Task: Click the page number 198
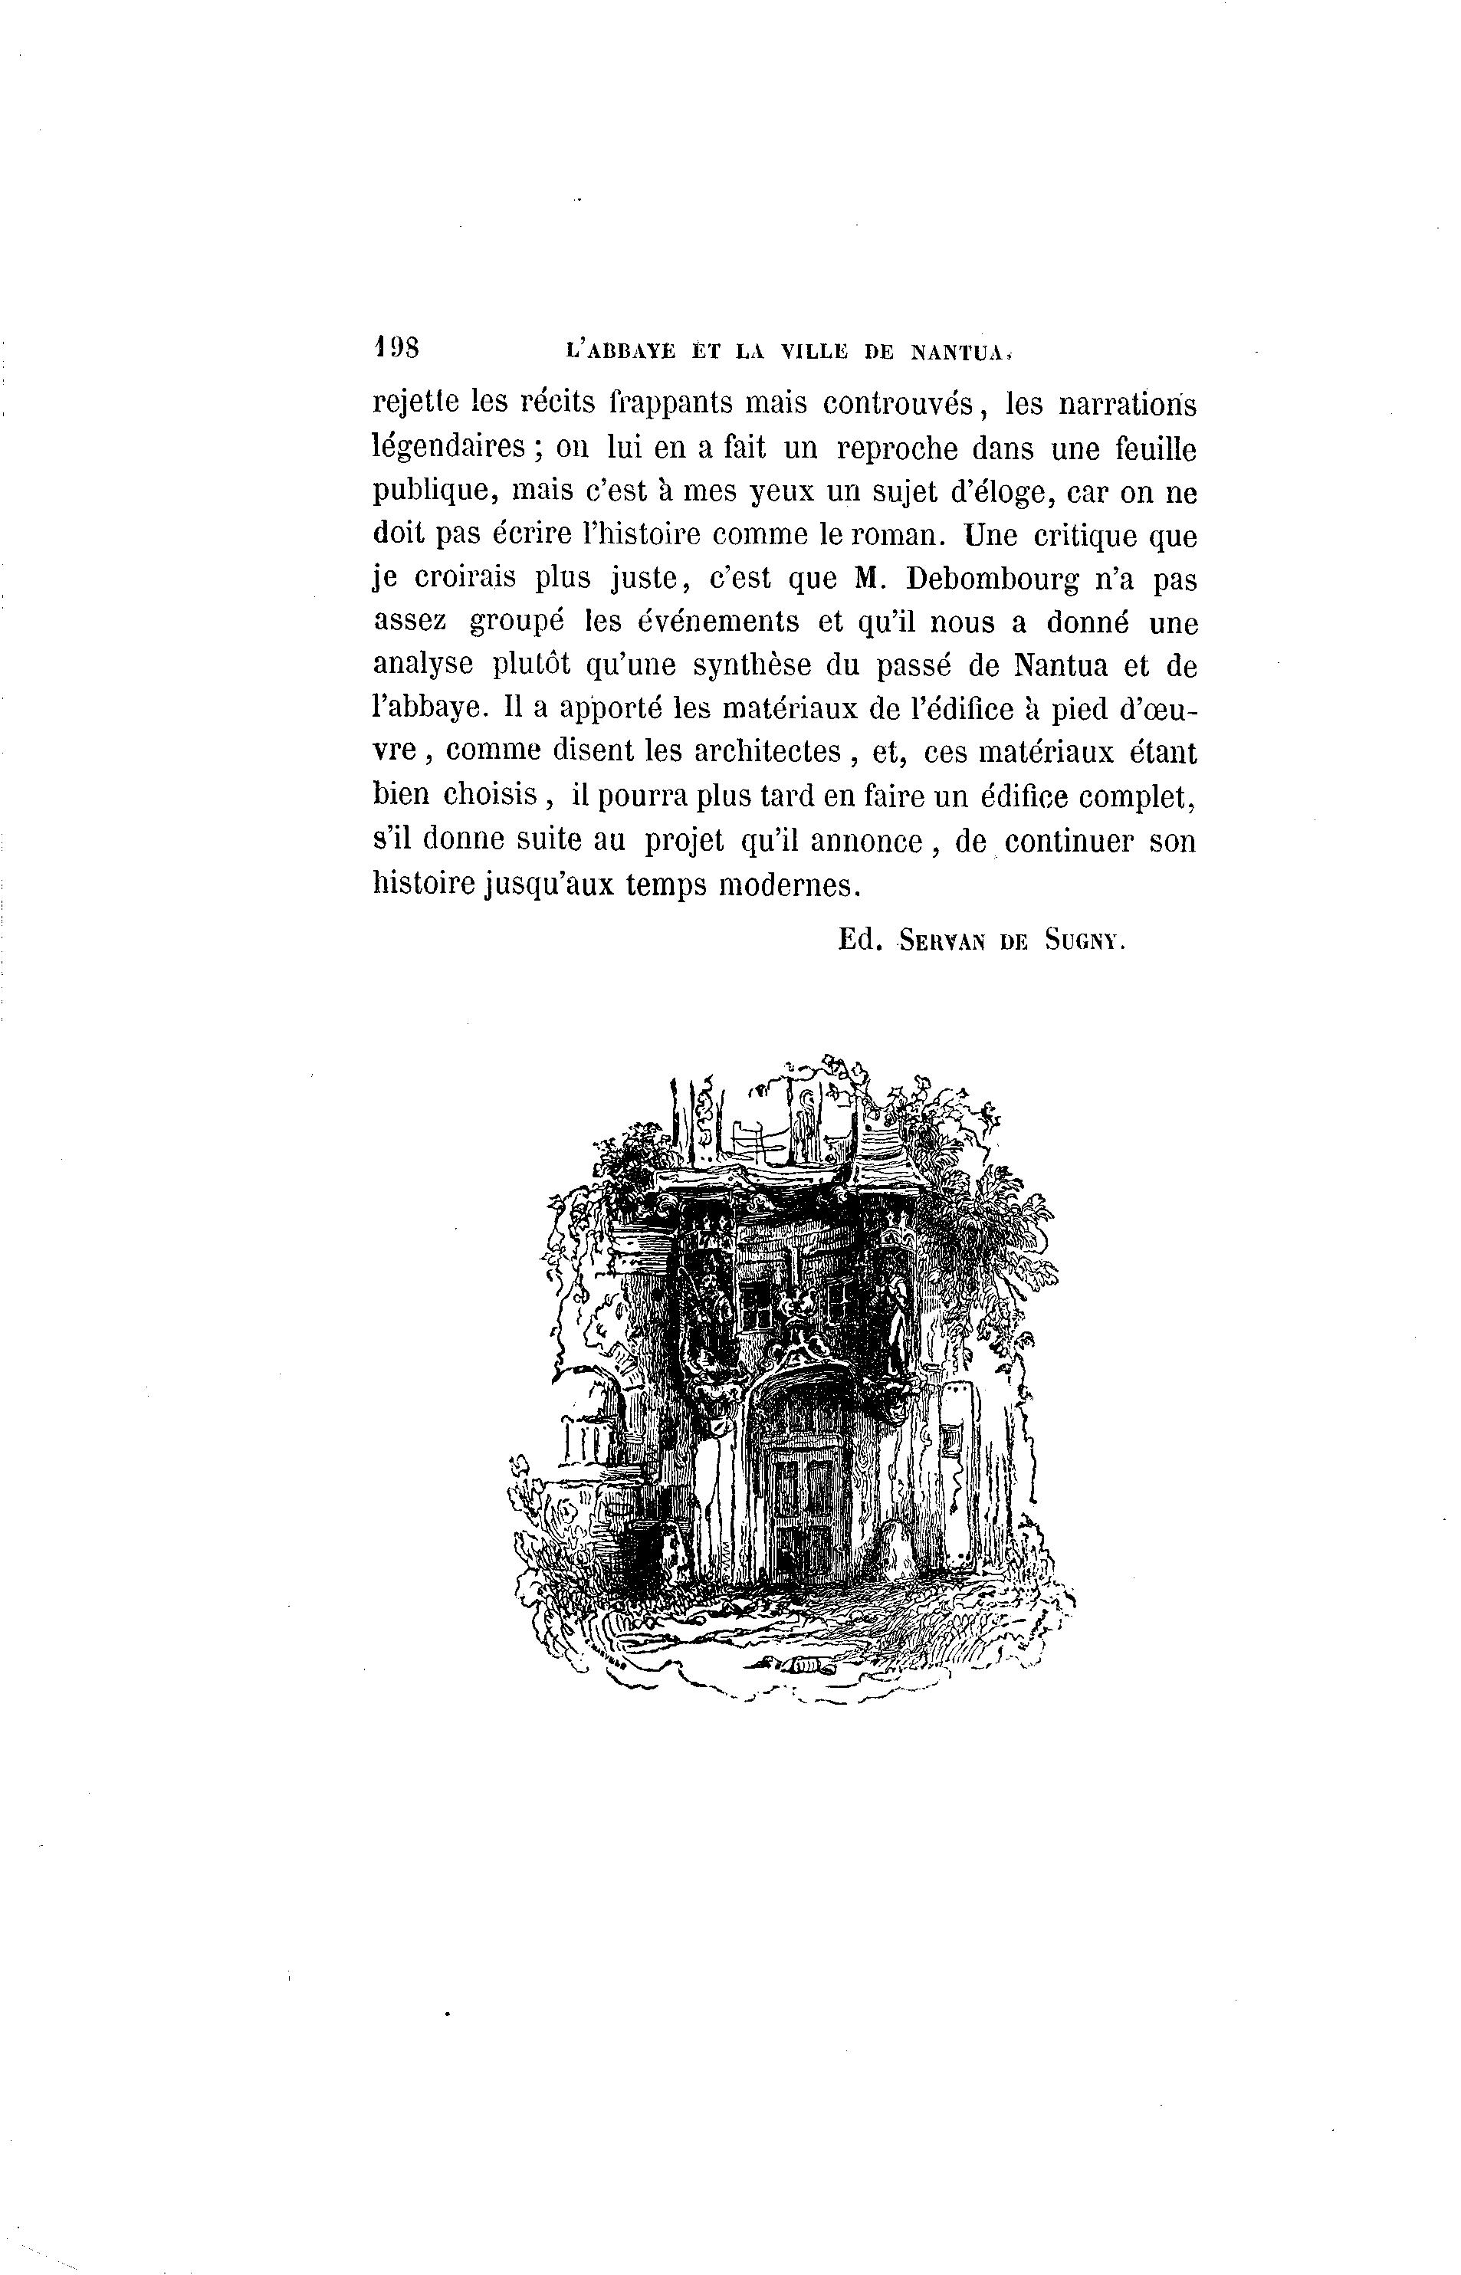click(x=398, y=347)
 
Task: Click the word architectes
click(x=767, y=751)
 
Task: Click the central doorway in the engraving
click(x=803, y=1499)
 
